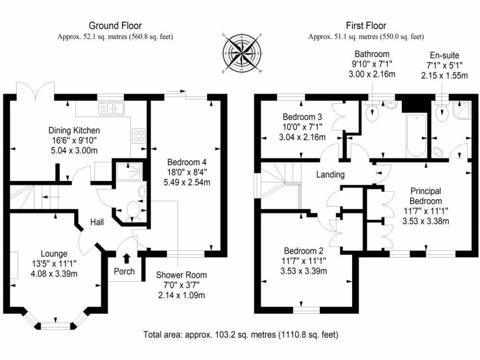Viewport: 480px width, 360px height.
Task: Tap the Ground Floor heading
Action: click(115, 26)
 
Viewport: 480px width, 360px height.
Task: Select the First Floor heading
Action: click(366, 26)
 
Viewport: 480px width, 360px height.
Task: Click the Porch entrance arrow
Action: click(126, 258)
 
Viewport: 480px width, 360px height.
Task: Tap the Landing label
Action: click(330, 175)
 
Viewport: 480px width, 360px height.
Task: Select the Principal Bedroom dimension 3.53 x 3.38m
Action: click(426, 221)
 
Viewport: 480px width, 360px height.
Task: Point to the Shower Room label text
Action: click(181, 275)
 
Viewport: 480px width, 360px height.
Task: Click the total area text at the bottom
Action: click(240, 335)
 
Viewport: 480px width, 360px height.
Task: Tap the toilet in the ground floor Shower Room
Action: click(133, 209)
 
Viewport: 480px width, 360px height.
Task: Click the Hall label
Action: click(97, 222)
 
